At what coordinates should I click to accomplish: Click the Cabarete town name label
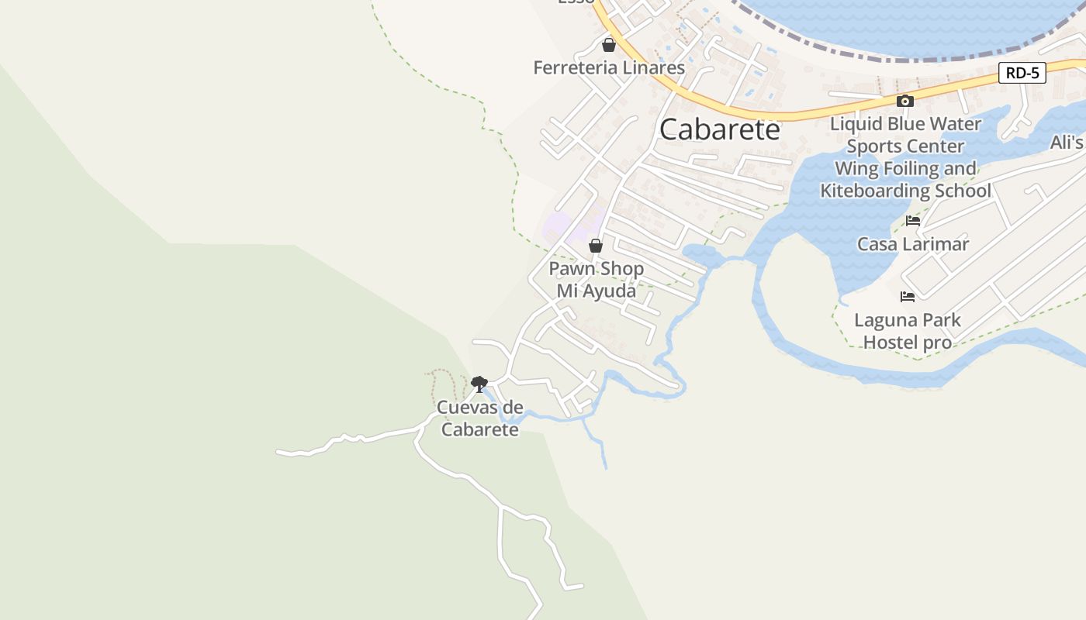[x=719, y=129]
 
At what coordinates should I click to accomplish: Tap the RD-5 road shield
[x=1022, y=74]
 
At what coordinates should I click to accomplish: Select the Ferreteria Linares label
[x=609, y=68]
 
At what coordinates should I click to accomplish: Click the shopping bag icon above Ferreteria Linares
[x=609, y=45]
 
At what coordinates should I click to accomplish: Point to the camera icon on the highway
[x=904, y=101]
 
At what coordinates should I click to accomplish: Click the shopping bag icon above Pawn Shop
[x=595, y=246]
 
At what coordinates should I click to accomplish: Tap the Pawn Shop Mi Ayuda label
[x=596, y=280]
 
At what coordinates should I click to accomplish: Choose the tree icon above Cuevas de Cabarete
[x=479, y=383]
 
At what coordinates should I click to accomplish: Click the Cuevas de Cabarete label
[x=479, y=418]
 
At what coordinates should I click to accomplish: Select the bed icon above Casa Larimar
[x=913, y=221]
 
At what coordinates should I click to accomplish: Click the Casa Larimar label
[x=913, y=244]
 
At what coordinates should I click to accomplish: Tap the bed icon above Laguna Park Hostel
[x=908, y=297]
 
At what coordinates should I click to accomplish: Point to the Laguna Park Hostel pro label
[x=908, y=331]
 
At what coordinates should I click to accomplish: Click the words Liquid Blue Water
[x=905, y=124]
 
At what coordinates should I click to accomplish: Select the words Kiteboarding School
[x=905, y=191]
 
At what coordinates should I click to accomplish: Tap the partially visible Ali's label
[x=1067, y=143]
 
